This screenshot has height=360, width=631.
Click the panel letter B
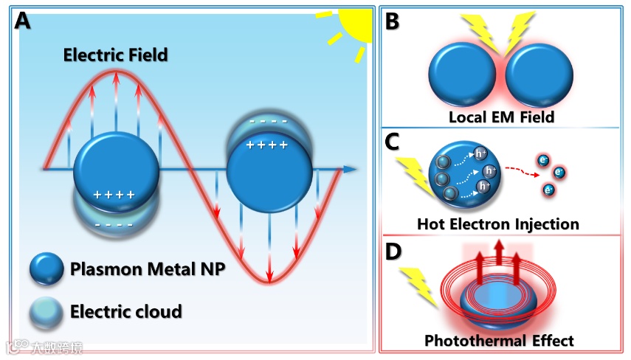pyautogui.click(x=392, y=21)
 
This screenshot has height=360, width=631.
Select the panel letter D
pyautogui.click(x=393, y=252)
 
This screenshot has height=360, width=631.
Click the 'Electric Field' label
pyautogui.click(x=115, y=54)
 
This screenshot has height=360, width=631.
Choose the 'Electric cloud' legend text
pyautogui.click(x=125, y=311)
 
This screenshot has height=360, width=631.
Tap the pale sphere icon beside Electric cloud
pyautogui.click(x=46, y=312)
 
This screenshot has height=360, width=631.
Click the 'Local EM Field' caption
pyautogui.click(x=501, y=117)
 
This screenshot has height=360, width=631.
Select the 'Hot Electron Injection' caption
pyautogui.click(x=497, y=223)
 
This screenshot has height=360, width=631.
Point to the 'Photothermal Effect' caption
pyautogui.click(x=499, y=340)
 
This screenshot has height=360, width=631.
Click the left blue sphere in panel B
pyautogui.click(x=463, y=77)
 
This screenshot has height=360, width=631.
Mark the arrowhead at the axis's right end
pyautogui.click(x=350, y=169)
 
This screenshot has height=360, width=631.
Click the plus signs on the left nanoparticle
pyautogui.click(x=114, y=195)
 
